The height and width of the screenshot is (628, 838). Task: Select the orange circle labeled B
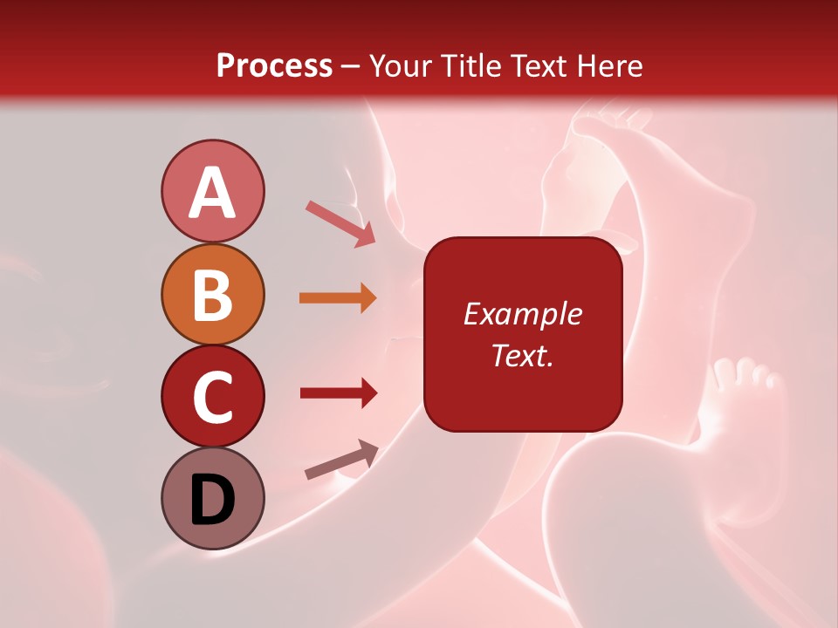[212, 294]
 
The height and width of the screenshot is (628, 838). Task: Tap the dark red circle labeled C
[212, 396]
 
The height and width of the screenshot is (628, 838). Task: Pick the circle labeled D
[212, 498]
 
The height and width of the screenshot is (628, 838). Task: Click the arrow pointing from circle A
[340, 223]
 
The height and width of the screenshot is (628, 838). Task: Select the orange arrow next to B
[338, 298]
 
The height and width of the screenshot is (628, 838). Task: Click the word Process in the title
[274, 65]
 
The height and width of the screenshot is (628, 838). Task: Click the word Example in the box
[523, 314]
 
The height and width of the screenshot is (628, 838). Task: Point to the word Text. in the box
[523, 355]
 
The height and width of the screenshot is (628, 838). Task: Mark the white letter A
[212, 193]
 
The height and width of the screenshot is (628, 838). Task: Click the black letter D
[212, 501]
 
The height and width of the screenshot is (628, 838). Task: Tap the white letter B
[212, 295]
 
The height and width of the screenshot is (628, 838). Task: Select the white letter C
[212, 397]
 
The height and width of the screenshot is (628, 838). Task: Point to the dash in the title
[350, 67]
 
